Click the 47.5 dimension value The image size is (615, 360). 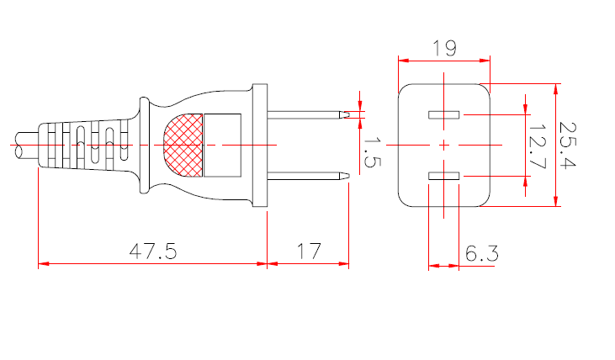(x=152, y=251)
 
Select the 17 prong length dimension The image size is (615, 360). (x=309, y=251)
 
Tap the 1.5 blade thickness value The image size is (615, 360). (x=370, y=151)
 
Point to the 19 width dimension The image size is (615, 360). (x=443, y=48)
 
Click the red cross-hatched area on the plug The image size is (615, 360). (x=183, y=145)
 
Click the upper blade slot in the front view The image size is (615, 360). (x=443, y=114)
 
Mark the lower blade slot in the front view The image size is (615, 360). (x=443, y=176)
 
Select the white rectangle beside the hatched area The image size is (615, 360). (x=223, y=145)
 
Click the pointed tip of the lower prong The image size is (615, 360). (x=347, y=176)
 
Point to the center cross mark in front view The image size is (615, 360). (x=443, y=145)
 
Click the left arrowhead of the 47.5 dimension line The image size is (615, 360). (x=42, y=264)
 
